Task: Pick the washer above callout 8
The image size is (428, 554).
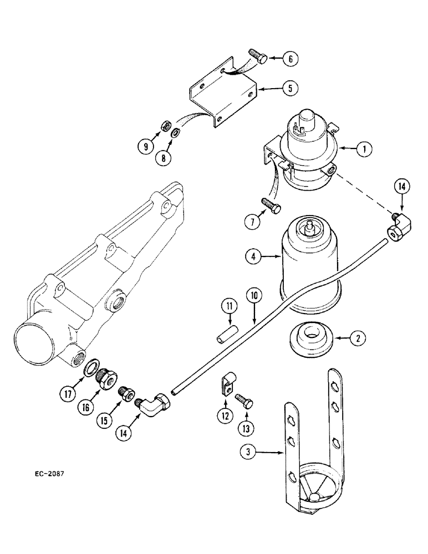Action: coord(175,132)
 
